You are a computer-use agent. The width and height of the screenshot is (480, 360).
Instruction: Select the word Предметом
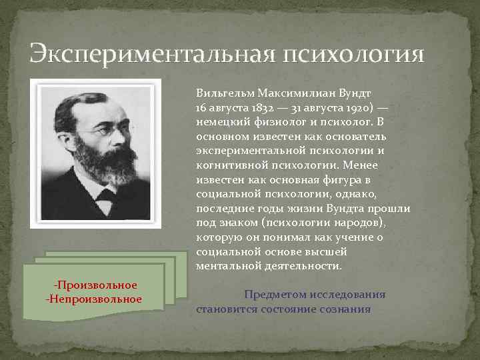[275, 294]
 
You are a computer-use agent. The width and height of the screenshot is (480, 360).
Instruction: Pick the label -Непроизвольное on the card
[93, 298]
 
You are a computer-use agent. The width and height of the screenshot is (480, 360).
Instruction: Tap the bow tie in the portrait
[106, 194]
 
